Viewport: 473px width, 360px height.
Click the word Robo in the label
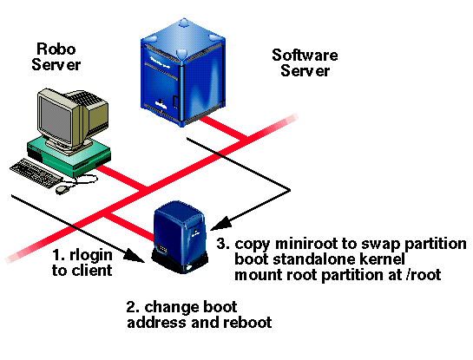point(56,49)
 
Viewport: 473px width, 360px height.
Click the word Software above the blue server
point(305,56)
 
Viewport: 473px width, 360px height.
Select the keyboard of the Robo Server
point(36,173)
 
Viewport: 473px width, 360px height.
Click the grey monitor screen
point(56,120)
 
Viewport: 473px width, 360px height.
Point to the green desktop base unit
point(69,157)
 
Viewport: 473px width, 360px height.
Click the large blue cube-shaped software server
point(183,72)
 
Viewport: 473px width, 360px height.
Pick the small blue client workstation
point(181,237)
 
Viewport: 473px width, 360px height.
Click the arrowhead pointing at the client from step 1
point(135,255)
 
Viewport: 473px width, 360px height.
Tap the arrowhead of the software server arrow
point(220,224)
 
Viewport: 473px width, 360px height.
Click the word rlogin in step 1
point(91,256)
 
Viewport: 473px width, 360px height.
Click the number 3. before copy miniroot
point(224,244)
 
